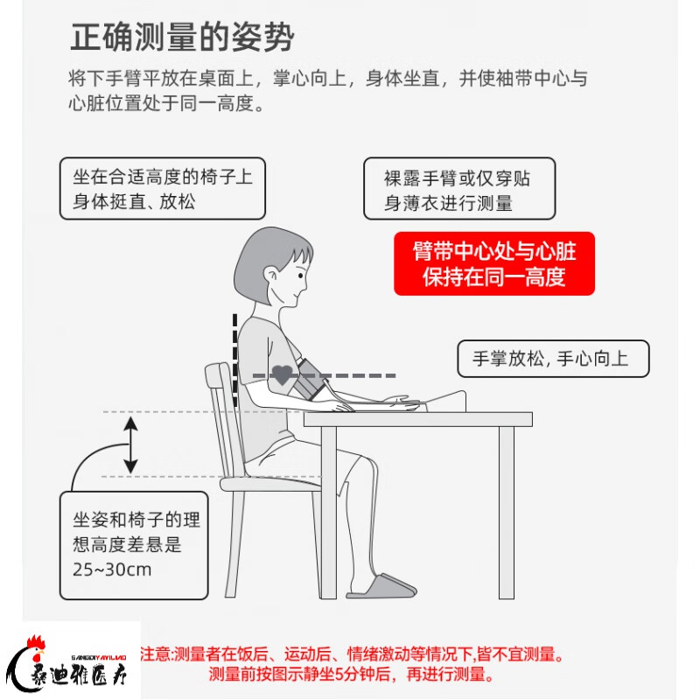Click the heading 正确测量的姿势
pyautogui.click(x=182, y=39)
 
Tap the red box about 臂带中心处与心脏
pyautogui.click(x=494, y=263)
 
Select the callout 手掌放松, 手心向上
pyautogui.click(x=553, y=359)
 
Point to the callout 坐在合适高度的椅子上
pyautogui.click(x=163, y=188)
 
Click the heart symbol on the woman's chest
pyautogui.click(x=281, y=374)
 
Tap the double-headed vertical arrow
pyautogui.click(x=129, y=444)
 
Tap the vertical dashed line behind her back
pyautogui.click(x=234, y=359)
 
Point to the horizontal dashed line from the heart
pyautogui.click(x=359, y=375)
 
